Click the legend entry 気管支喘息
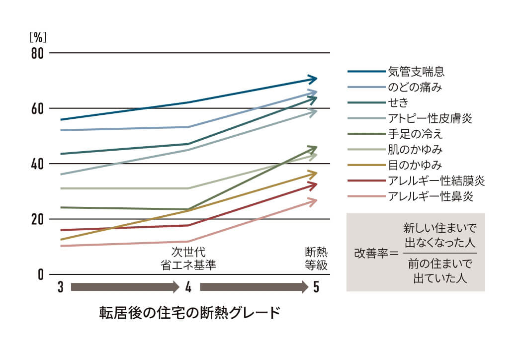[416, 72]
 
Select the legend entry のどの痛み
[415, 87]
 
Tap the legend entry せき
[398, 102]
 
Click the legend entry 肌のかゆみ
[415, 149]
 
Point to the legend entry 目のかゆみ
[415, 165]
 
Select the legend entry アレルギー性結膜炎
[436, 180]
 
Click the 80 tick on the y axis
[38, 53]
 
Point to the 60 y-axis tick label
[38, 108]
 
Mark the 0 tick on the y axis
[41, 274]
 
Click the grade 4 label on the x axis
[188, 287]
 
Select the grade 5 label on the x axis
[316, 287]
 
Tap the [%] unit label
[38, 36]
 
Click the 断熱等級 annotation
[316, 258]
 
